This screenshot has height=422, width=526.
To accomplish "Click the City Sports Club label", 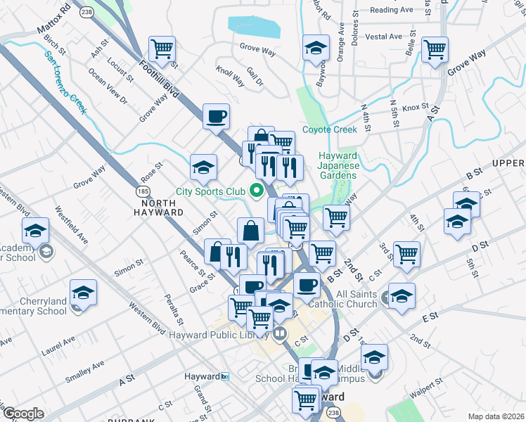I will tap(210, 191).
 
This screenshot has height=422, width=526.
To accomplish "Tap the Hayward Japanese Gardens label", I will tap(339, 165).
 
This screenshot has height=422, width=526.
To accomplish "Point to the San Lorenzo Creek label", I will tap(65, 82).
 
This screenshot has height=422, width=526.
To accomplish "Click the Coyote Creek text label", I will tap(331, 129).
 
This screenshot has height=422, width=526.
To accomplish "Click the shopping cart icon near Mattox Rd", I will tap(162, 49).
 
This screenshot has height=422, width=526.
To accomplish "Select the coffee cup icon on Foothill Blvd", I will tap(216, 115).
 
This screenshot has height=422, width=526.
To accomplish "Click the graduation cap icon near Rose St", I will tap(204, 167).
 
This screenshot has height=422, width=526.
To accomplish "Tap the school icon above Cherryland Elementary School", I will tap(83, 292).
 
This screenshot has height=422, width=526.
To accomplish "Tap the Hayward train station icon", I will tap(225, 377).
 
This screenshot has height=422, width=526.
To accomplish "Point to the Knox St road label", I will tap(416, 108).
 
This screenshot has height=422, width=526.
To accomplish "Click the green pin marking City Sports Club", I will tap(257, 191).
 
